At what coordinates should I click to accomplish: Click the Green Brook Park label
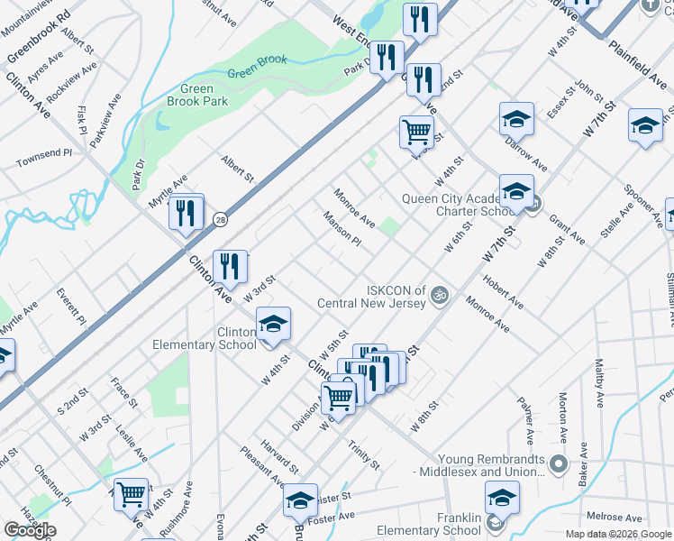pyautogui.click(x=197, y=96)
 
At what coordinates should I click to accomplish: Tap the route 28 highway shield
pyautogui.click(x=220, y=219)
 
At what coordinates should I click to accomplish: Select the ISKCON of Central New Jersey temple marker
pyautogui.click(x=441, y=294)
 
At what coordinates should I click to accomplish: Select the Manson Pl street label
pyautogui.click(x=342, y=229)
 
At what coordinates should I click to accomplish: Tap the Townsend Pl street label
pyautogui.click(x=43, y=159)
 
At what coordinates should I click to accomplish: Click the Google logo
pyautogui.click(x=30, y=530)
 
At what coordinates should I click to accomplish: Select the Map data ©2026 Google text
pyautogui.click(x=618, y=534)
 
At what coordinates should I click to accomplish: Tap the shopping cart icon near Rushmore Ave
pyautogui.click(x=132, y=494)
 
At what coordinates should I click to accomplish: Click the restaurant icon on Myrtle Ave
pyautogui.click(x=186, y=215)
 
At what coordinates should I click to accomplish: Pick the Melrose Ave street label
pyautogui.click(x=614, y=518)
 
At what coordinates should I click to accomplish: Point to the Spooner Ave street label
pyautogui.click(x=641, y=202)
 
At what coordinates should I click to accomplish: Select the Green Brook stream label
pyautogui.click(x=257, y=67)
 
